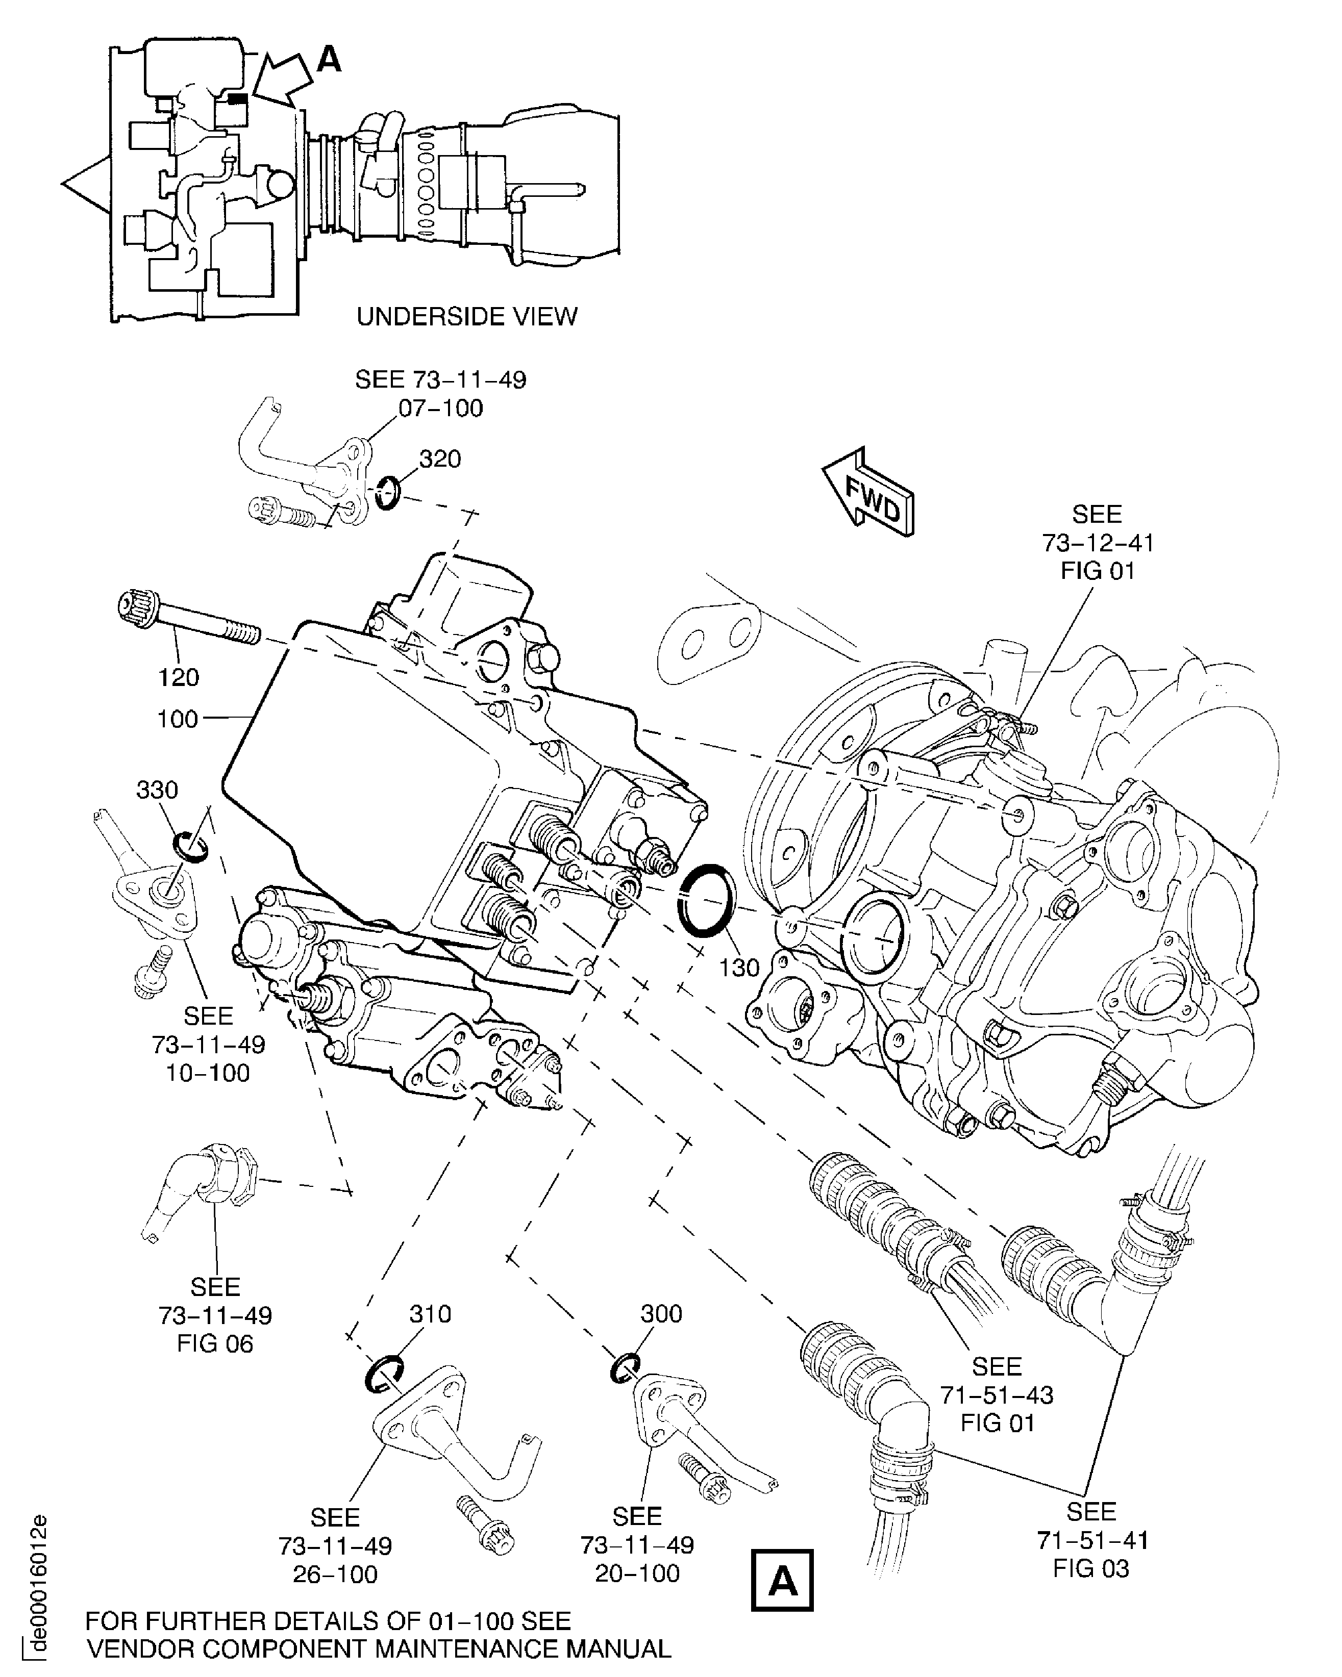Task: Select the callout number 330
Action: tap(157, 790)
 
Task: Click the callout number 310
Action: tap(430, 1314)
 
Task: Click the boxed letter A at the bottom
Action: tap(782, 1580)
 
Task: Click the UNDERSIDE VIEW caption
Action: tap(467, 317)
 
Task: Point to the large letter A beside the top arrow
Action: tap(329, 59)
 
